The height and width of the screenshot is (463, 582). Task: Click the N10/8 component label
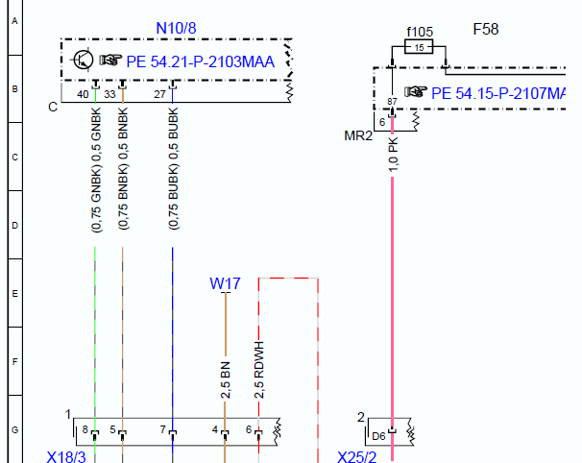click(x=176, y=28)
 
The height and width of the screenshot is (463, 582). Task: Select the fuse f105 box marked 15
click(x=419, y=47)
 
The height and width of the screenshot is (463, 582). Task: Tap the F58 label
click(x=486, y=30)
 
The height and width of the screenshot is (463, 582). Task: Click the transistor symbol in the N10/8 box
click(x=83, y=60)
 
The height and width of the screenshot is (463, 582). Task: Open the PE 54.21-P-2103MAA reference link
click(x=201, y=61)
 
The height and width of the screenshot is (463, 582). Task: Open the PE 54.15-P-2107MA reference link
click(x=498, y=93)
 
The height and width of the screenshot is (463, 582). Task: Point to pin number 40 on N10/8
click(x=83, y=94)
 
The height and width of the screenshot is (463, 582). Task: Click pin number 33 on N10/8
click(x=109, y=94)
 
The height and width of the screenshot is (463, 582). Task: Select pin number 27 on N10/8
click(x=160, y=94)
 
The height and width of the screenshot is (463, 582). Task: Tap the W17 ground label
click(x=225, y=283)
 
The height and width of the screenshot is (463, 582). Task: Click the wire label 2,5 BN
click(x=226, y=380)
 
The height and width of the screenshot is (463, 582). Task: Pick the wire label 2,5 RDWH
click(x=259, y=370)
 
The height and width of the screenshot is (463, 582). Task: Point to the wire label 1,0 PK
click(x=393, y=155)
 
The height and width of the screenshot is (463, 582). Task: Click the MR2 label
click(x=358, y=135)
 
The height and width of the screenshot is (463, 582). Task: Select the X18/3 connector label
click(x=66, y=456)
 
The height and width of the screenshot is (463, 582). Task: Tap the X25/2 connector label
click(x=356, y=456)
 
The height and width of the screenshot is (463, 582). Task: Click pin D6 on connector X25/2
click(x=378, y=436)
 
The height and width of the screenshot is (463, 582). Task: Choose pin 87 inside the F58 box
click(x=393, y=102)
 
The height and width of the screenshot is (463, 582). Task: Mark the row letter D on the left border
click(x=14, y=226)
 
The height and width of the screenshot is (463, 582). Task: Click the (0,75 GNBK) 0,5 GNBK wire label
click(x=96, y=170)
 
